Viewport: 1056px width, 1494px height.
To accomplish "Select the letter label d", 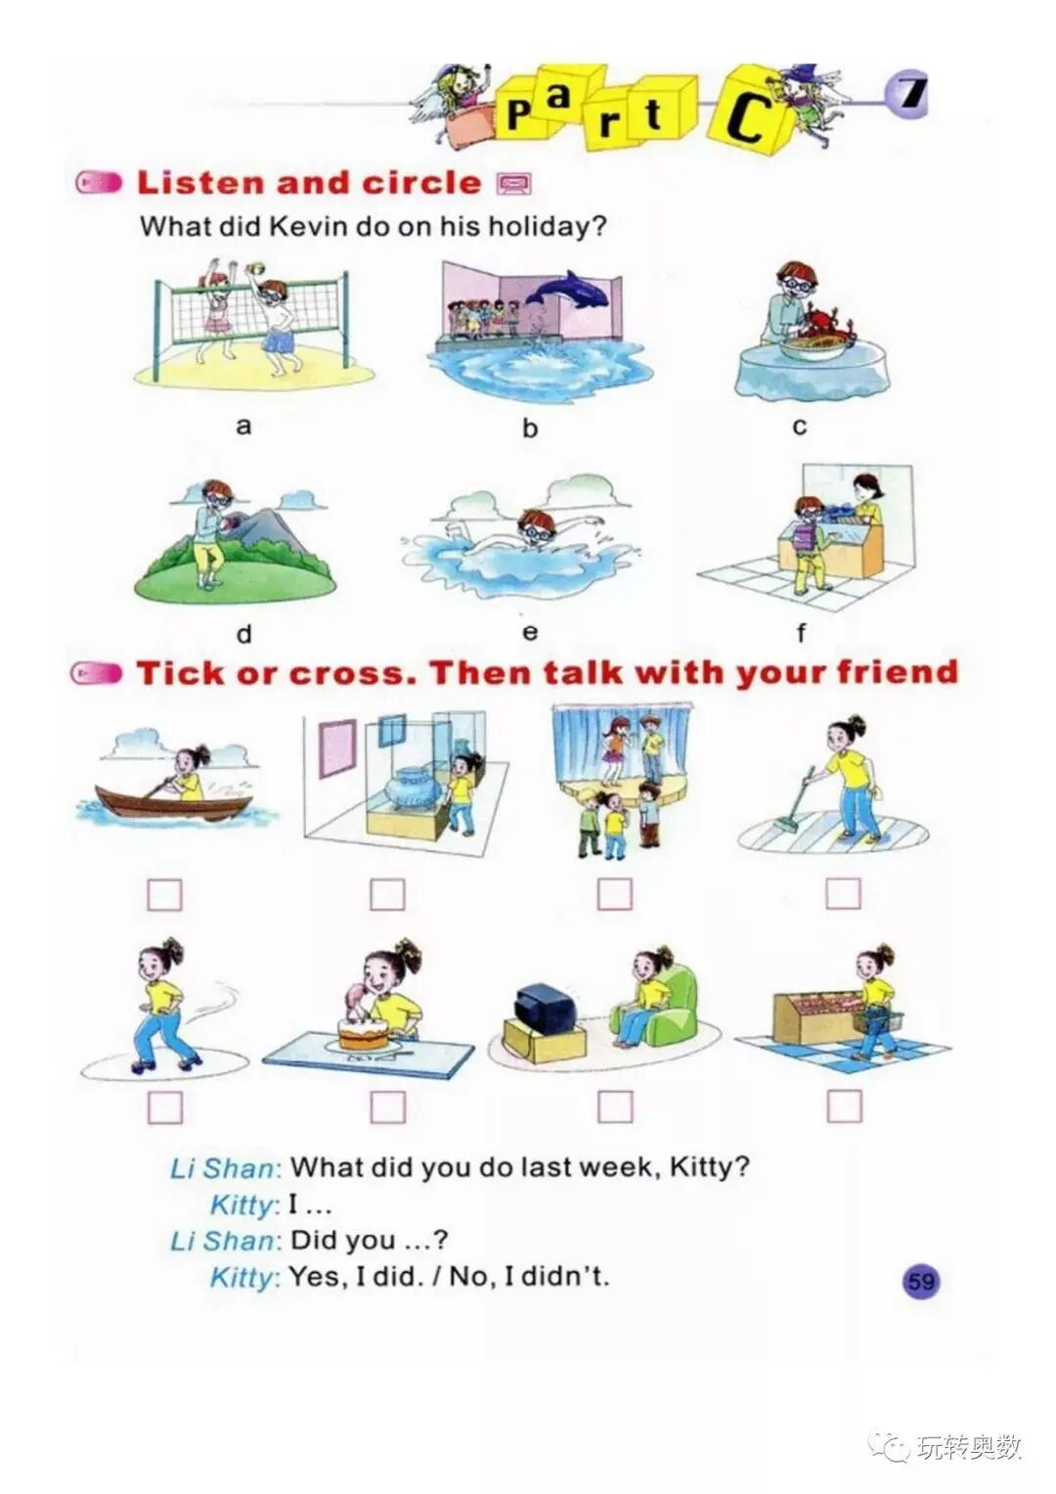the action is [244, 634].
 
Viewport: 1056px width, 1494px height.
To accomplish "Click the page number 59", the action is [921, 1282].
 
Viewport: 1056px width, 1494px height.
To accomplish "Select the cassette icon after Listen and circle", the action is [514, 183].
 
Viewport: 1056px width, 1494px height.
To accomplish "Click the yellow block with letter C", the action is [749, 110].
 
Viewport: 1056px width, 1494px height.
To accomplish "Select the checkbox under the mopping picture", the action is [843, 893].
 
